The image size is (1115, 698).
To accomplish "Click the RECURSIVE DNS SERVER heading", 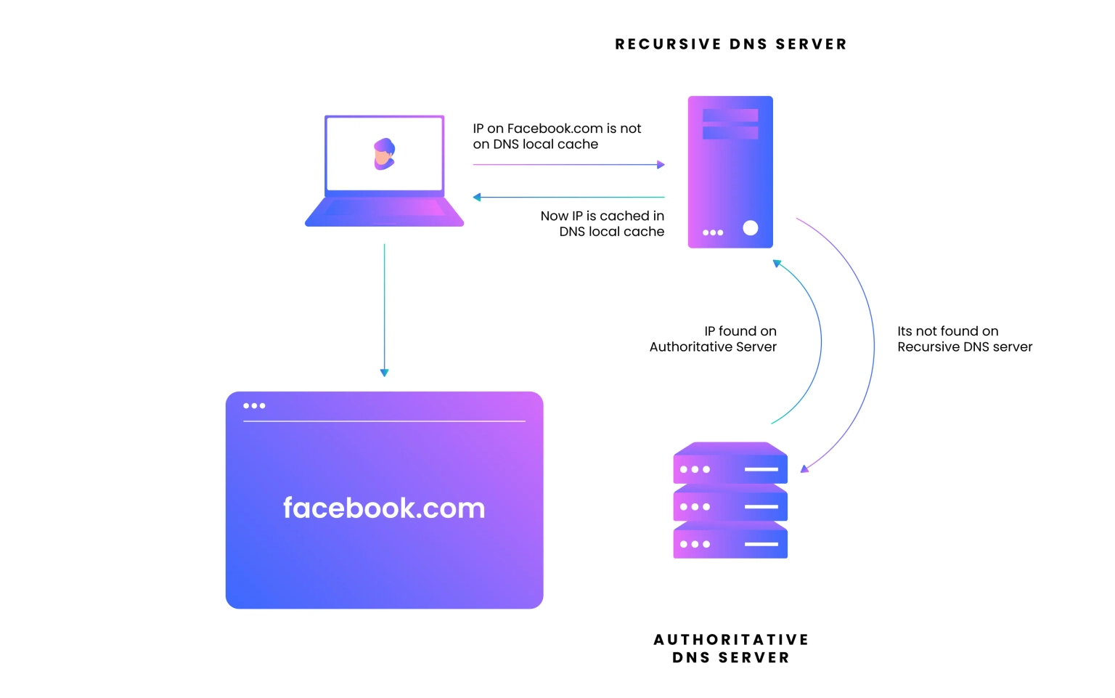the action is (731, 44).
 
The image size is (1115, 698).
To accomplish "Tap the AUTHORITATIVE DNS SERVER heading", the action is (731, 648).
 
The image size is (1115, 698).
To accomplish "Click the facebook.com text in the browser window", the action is (384, 508).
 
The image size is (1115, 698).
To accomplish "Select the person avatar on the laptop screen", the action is (384, 154).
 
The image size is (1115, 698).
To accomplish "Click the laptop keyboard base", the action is (384, 212).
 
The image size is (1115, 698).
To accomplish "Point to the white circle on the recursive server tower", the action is (750, 228).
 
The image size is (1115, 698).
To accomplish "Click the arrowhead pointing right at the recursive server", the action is (661, 164).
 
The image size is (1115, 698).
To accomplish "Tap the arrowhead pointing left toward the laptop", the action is (477, 198).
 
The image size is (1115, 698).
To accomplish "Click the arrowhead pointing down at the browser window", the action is (384, 373).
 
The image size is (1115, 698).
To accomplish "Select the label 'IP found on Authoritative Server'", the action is (713, 338).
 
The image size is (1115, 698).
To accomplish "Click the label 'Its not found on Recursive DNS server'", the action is (965, 338).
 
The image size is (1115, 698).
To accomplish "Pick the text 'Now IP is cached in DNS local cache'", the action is (603, 224).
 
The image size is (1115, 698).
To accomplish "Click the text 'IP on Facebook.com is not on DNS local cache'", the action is (557, 136).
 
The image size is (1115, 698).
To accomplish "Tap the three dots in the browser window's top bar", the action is (254, 405).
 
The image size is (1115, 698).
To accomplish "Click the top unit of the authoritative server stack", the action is (730, 463).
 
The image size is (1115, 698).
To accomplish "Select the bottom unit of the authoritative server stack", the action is (730, 540).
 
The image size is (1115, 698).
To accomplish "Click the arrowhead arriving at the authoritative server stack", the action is (804, 468).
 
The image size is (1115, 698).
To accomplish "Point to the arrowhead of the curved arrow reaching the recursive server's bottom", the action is (777, 263).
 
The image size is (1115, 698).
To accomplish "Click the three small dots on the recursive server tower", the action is (713, 232).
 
